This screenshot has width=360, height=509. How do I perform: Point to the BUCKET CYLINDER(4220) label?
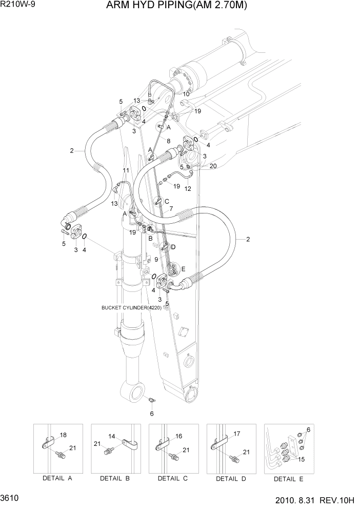(132, 308)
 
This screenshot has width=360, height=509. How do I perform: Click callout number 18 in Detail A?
(63, 435)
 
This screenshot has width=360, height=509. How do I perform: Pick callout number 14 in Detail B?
(112, 436)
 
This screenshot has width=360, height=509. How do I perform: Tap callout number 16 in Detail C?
(178, 436)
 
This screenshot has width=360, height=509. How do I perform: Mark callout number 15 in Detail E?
(301, 459)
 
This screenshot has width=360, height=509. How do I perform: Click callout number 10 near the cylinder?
(186, 94)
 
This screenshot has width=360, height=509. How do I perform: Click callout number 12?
(188, 189)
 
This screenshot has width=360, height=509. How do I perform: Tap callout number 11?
(126, 170)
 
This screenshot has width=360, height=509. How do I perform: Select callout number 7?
(171, 208)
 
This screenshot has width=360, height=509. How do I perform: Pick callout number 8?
(168, 140)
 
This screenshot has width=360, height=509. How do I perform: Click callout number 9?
(156, 259)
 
